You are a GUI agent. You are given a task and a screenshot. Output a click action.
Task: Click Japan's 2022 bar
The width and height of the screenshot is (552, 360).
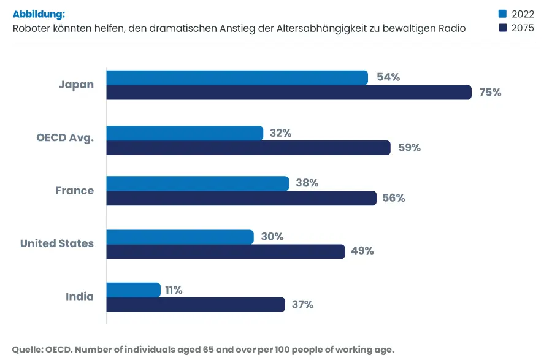[x=237, y=77]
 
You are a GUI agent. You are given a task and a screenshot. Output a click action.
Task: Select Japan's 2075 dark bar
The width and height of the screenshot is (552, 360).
[x=288, y=93]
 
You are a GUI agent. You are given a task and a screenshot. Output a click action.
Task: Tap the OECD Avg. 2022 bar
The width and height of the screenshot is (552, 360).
[x=185, y=133]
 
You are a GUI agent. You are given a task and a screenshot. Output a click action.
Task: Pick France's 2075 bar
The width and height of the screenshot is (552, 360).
[x=241, y=198]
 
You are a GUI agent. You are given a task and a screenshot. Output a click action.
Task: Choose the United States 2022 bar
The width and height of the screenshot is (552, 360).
[x=180, y=237]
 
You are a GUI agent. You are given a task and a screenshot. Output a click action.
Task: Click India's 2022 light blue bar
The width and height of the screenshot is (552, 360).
[x=133, y=290]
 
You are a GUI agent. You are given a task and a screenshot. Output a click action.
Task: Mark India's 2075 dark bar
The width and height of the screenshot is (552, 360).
[x=196, y=305]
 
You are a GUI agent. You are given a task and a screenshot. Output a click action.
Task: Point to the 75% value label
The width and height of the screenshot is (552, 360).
[x=489, y=93]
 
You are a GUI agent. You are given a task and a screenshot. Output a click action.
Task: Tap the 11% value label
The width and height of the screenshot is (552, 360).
[x=174, y=290]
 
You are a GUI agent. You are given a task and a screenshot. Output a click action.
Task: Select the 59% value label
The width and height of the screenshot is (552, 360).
[x=409, y=148]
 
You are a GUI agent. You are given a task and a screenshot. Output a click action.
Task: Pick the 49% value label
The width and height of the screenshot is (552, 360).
[x=362, y=251]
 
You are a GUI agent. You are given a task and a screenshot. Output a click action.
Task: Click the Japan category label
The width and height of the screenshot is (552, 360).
[x=76, y=85]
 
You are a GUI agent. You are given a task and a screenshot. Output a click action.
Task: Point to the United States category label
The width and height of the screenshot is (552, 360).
[x=57, y=243]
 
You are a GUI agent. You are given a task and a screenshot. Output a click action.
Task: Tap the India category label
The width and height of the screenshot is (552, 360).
[x=80, y=297]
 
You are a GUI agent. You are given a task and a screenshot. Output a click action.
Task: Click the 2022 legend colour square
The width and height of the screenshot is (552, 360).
[x=502, y=14]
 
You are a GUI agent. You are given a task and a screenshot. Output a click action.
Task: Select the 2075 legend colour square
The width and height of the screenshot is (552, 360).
[x=502, y=28]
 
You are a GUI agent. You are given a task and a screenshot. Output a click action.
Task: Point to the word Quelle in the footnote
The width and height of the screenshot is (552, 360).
[x=28, y=349]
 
